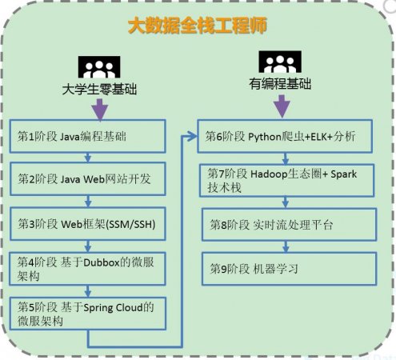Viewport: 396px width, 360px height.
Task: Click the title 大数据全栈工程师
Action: pos(198,26)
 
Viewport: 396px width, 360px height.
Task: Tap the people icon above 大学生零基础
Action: pos(99,67)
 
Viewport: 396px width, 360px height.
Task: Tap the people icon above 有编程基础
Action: pos(280,62)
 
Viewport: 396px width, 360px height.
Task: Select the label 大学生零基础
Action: pos(99,90)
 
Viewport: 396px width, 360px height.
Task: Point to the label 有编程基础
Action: pos(280,83)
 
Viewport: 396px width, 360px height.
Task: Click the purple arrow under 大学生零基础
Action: pos(99,110)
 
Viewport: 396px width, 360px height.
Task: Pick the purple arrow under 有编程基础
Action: pos(282,106)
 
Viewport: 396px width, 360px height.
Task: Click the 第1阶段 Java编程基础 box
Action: pos(88,136)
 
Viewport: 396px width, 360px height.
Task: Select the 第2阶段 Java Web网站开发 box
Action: pos(88,179)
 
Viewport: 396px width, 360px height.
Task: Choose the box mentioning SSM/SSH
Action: pos(88,224)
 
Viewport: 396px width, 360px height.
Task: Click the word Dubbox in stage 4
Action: pos(101,263)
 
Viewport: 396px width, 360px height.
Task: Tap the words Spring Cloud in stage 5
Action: pos(114,308)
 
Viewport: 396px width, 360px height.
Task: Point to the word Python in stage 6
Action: pos(265,137)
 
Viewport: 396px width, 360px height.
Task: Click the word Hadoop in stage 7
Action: pos(269,174)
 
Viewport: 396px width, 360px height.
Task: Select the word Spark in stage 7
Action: pos(343,174)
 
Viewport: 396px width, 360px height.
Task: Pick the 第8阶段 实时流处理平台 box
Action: pos(290,225)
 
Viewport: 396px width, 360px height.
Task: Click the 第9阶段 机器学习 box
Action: pos(290,269)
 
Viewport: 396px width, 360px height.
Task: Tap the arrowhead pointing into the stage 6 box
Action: pos(192,136)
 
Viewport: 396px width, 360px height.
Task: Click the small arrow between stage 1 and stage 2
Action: pos(88,158)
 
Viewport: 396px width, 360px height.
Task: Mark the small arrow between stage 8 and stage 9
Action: pos(286,247)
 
